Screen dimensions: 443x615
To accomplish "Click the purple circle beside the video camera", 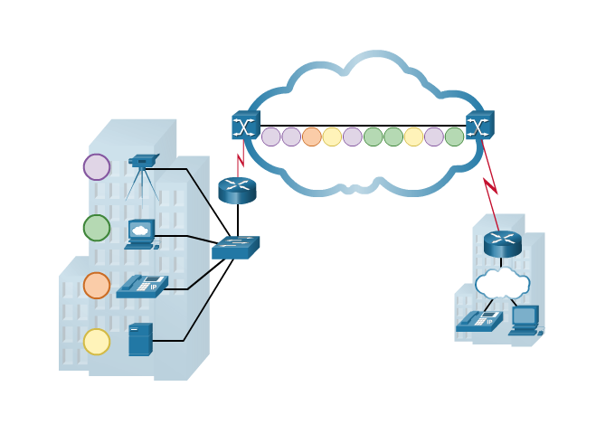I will click(97, 167).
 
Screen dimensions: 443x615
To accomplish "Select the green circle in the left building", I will click(97, 228).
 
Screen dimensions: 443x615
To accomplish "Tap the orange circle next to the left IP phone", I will click(97, 286).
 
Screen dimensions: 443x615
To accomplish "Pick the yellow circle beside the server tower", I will click(97, 342).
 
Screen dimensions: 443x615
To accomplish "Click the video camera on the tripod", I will click(141, 164).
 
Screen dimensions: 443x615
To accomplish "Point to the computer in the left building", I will click(141, 233).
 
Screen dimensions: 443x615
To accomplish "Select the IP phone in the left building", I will click(142, 286).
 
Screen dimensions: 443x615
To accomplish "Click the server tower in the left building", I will click(140, 339).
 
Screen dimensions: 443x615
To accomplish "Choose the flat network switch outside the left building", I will click(235, 248).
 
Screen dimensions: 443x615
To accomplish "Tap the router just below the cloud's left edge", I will click(237, 190).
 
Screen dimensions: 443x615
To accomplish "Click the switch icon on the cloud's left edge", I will click(245, 125).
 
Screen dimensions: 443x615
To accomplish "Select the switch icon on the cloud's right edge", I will click(480, 125).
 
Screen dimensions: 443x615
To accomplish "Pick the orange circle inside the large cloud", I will click(312, 137).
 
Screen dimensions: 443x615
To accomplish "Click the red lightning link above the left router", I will click(241, 165).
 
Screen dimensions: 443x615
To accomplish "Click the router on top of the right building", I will click(503, 243).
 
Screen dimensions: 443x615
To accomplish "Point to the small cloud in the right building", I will click(502, 282).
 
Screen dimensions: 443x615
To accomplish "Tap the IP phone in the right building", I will click(479, 321).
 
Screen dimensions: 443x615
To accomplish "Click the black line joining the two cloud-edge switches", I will click(362, 126).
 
